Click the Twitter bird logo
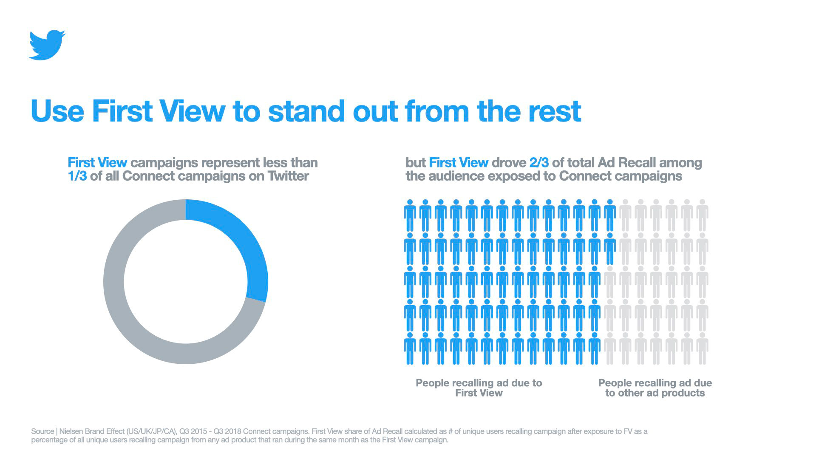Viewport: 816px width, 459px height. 47,45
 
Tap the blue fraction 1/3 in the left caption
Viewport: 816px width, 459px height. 77,176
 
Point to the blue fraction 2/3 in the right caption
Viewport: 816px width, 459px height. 539,162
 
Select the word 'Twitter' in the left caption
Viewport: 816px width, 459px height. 288,176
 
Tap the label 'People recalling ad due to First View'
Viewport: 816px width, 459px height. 479,388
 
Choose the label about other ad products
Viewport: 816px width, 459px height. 655,388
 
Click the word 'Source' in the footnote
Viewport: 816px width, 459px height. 42,431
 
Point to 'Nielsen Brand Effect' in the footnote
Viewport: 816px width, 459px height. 92,431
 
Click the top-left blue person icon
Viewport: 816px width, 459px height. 410,215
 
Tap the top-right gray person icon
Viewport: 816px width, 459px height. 702,215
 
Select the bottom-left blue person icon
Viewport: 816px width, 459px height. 410,348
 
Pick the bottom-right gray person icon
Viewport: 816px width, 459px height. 702,348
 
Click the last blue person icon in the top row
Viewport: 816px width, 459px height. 610,215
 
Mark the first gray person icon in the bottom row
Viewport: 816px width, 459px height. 610,348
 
